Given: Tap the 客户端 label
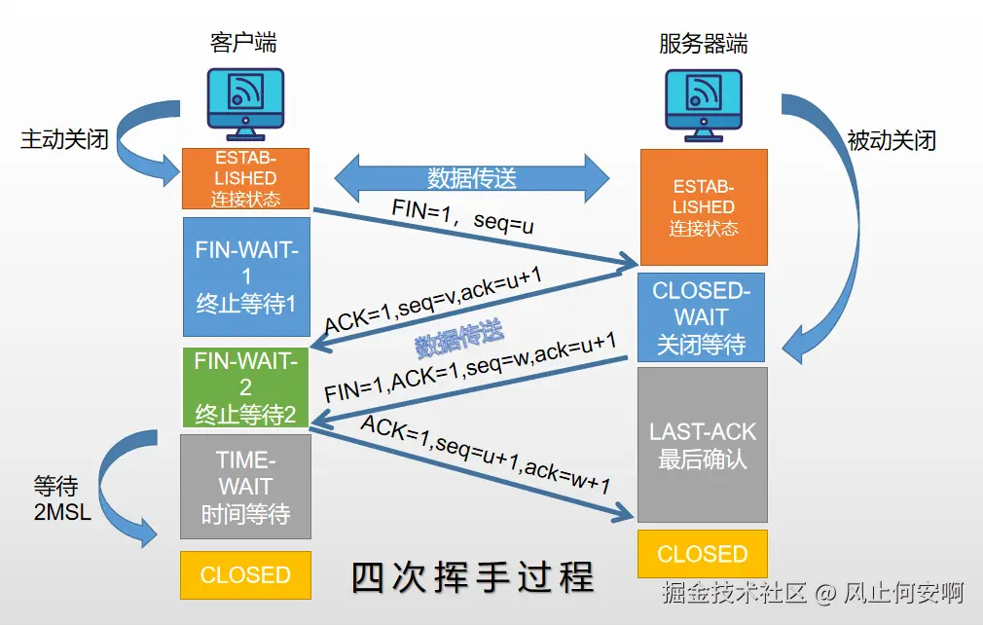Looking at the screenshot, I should point(243,42).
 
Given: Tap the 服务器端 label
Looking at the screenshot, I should point(703,44).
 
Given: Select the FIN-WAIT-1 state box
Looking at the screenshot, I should point(245,276).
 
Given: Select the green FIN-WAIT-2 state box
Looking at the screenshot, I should point(245,387).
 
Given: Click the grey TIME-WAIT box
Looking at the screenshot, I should point(245,486).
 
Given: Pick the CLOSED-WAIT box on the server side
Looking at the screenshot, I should point(701,317).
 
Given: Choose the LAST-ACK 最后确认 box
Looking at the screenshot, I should point(703,444).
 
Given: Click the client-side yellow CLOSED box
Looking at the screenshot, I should point(245,574).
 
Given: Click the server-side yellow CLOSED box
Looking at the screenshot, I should point(703,554).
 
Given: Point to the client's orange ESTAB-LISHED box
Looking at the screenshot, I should point(245,178).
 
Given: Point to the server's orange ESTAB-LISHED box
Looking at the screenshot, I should point(703,207).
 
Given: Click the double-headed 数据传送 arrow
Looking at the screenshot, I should point(472,178).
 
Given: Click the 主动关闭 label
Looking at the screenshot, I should point(64,140).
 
